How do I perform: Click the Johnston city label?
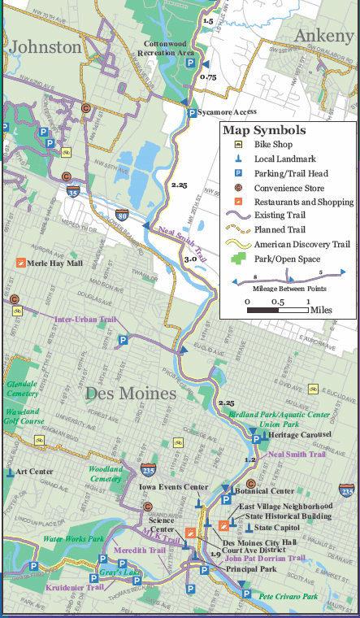click(46, 47)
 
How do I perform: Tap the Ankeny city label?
click(323, 35)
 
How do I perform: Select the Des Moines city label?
click(131, 394)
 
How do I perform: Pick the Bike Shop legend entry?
click(271, 144)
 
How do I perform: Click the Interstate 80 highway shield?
click(121, 215)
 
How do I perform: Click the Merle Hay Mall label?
click(54, 263)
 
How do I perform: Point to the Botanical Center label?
click(264, 491)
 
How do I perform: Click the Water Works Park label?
click(73, 539)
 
